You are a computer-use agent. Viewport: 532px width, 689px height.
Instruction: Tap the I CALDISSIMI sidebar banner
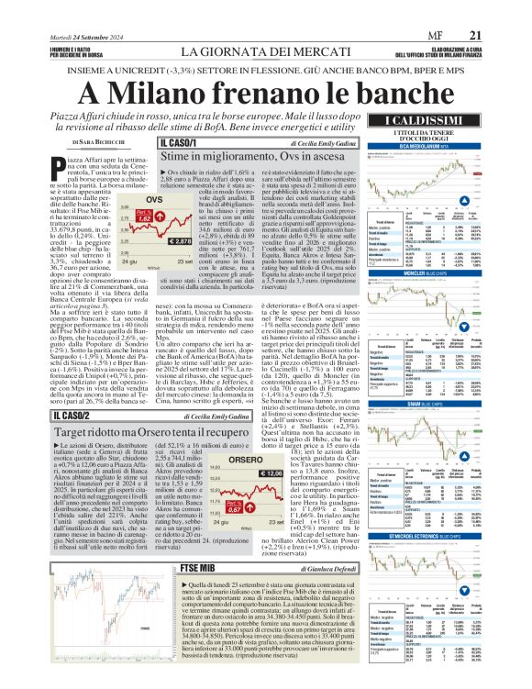click(430, 122)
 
